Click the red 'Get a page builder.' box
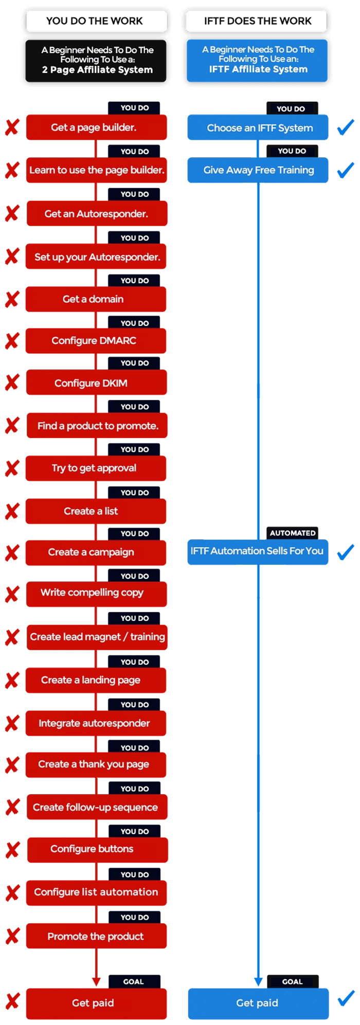tap(96, 127)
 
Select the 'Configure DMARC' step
tap(96, 341)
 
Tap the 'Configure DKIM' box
tap(96, 383)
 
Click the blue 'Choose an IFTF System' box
tap(258, 128)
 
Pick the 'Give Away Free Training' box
tap(258, 170)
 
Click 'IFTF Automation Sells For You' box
tap(258, 552)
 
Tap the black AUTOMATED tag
tap(292, 533)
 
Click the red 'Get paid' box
tap(96, 1003)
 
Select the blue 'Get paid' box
tap(258, 1003)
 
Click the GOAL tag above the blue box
tap(293, 981)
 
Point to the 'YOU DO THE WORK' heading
tap(97, 21)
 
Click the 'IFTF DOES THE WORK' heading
tap(257, 21)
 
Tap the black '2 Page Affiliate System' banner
tap(96, 61)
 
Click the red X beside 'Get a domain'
tap(12, 299)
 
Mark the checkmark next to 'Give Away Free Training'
tap(346, 170)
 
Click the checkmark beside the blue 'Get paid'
tap(346, 998)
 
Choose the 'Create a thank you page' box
tap(96, 765)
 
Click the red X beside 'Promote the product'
tap(13, 936)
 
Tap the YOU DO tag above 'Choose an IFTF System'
tap(292, 108)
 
